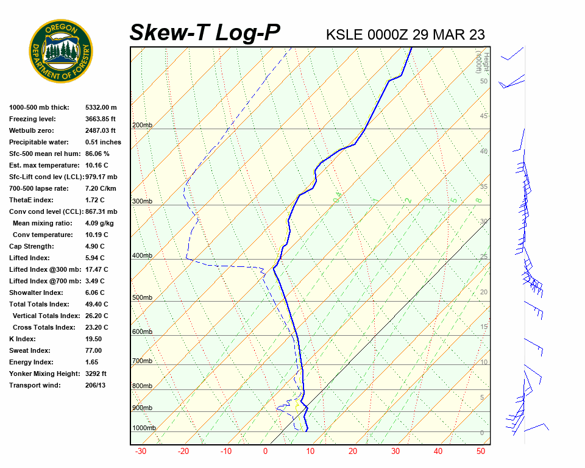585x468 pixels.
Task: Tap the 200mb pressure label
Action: (142, 126)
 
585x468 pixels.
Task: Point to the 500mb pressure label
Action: (142, 298)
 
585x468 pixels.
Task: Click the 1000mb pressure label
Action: (144, 428)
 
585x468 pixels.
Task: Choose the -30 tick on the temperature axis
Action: (140, 452)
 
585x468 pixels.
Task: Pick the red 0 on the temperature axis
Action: (265, 452)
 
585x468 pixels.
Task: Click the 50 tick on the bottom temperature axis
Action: (480, 452)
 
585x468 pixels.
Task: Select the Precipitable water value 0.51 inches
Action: (103, 142)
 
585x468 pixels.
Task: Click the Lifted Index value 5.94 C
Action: (95, 258)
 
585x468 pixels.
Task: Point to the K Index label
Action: (23, 339)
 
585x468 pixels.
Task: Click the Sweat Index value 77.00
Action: (93, 350)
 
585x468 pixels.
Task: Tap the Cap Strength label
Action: (32, 246)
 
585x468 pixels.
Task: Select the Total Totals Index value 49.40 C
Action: (97, 304)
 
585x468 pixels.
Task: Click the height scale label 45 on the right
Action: (484, 116)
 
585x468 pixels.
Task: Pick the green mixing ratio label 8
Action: (479, 200)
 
